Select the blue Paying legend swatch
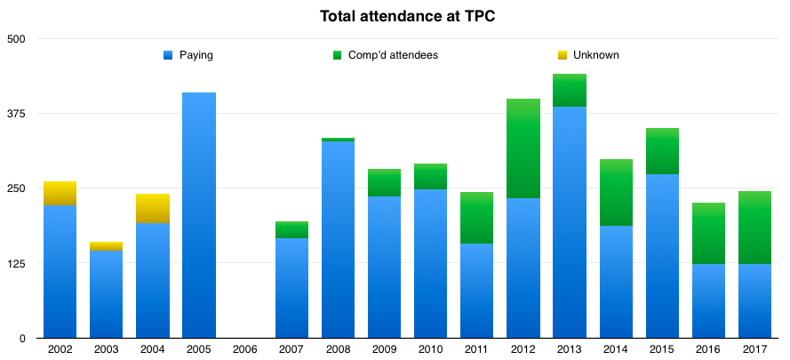point(169,55)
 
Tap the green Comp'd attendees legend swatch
point(338,55)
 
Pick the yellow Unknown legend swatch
point(562,55)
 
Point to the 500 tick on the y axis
point(18,39)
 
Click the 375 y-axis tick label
point(18,114)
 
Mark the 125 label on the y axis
point(18,264)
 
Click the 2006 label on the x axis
point(245,349)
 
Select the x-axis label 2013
point(570,349)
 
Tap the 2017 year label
point(754,349)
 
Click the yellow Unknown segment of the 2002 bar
point(60,194)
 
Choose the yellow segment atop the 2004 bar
point(153,209)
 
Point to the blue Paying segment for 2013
point(570,222)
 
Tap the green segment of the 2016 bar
point(708,234)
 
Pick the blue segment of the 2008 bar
point(338,240)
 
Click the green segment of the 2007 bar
point(291,230)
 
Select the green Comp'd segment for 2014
point(616,193)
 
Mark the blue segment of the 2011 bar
point(477,291)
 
